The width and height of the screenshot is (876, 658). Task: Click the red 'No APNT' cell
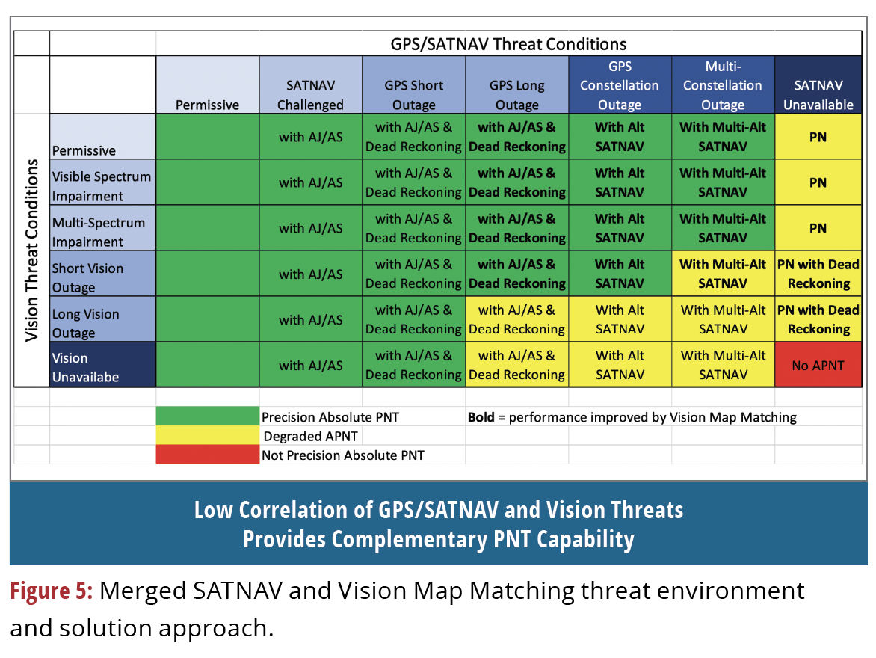[x=818, y=366]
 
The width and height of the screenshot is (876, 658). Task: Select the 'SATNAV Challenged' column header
[x=310, y=95]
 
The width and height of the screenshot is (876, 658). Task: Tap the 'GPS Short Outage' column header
[x=413, y=95]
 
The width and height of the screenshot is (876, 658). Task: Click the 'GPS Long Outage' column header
[x=516, y=95]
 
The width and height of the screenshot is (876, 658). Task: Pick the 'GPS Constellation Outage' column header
[x=619, y=85]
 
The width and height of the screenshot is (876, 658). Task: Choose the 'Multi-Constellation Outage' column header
[x=722, y=85]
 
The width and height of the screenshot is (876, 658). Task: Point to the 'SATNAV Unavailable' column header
[x=818, y=95]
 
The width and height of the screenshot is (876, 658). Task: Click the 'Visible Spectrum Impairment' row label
[x=102, y=186]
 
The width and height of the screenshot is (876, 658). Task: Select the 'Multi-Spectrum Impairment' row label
[x=99, y=232]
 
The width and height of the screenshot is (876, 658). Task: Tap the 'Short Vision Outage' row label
[x=88, y=277]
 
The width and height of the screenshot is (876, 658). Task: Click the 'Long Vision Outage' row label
[x=85, y=323]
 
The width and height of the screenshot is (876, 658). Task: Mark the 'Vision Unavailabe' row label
[x=85, y=367]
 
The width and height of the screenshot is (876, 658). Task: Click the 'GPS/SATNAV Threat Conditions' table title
[x=508, y=43]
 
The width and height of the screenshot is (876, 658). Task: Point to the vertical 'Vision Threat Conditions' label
[x=32, y=250]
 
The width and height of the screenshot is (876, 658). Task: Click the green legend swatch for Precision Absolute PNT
[x=207, y=416]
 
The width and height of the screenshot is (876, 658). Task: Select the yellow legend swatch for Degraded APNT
[x=207, y=435]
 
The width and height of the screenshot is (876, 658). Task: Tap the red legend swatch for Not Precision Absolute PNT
[x=207, y=455]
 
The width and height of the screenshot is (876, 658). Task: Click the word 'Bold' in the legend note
[x=481, y=417]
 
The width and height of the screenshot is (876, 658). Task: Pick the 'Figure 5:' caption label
[x=51, y=591]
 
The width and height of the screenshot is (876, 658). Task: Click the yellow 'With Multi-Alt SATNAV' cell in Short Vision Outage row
[x=722, y=274]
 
